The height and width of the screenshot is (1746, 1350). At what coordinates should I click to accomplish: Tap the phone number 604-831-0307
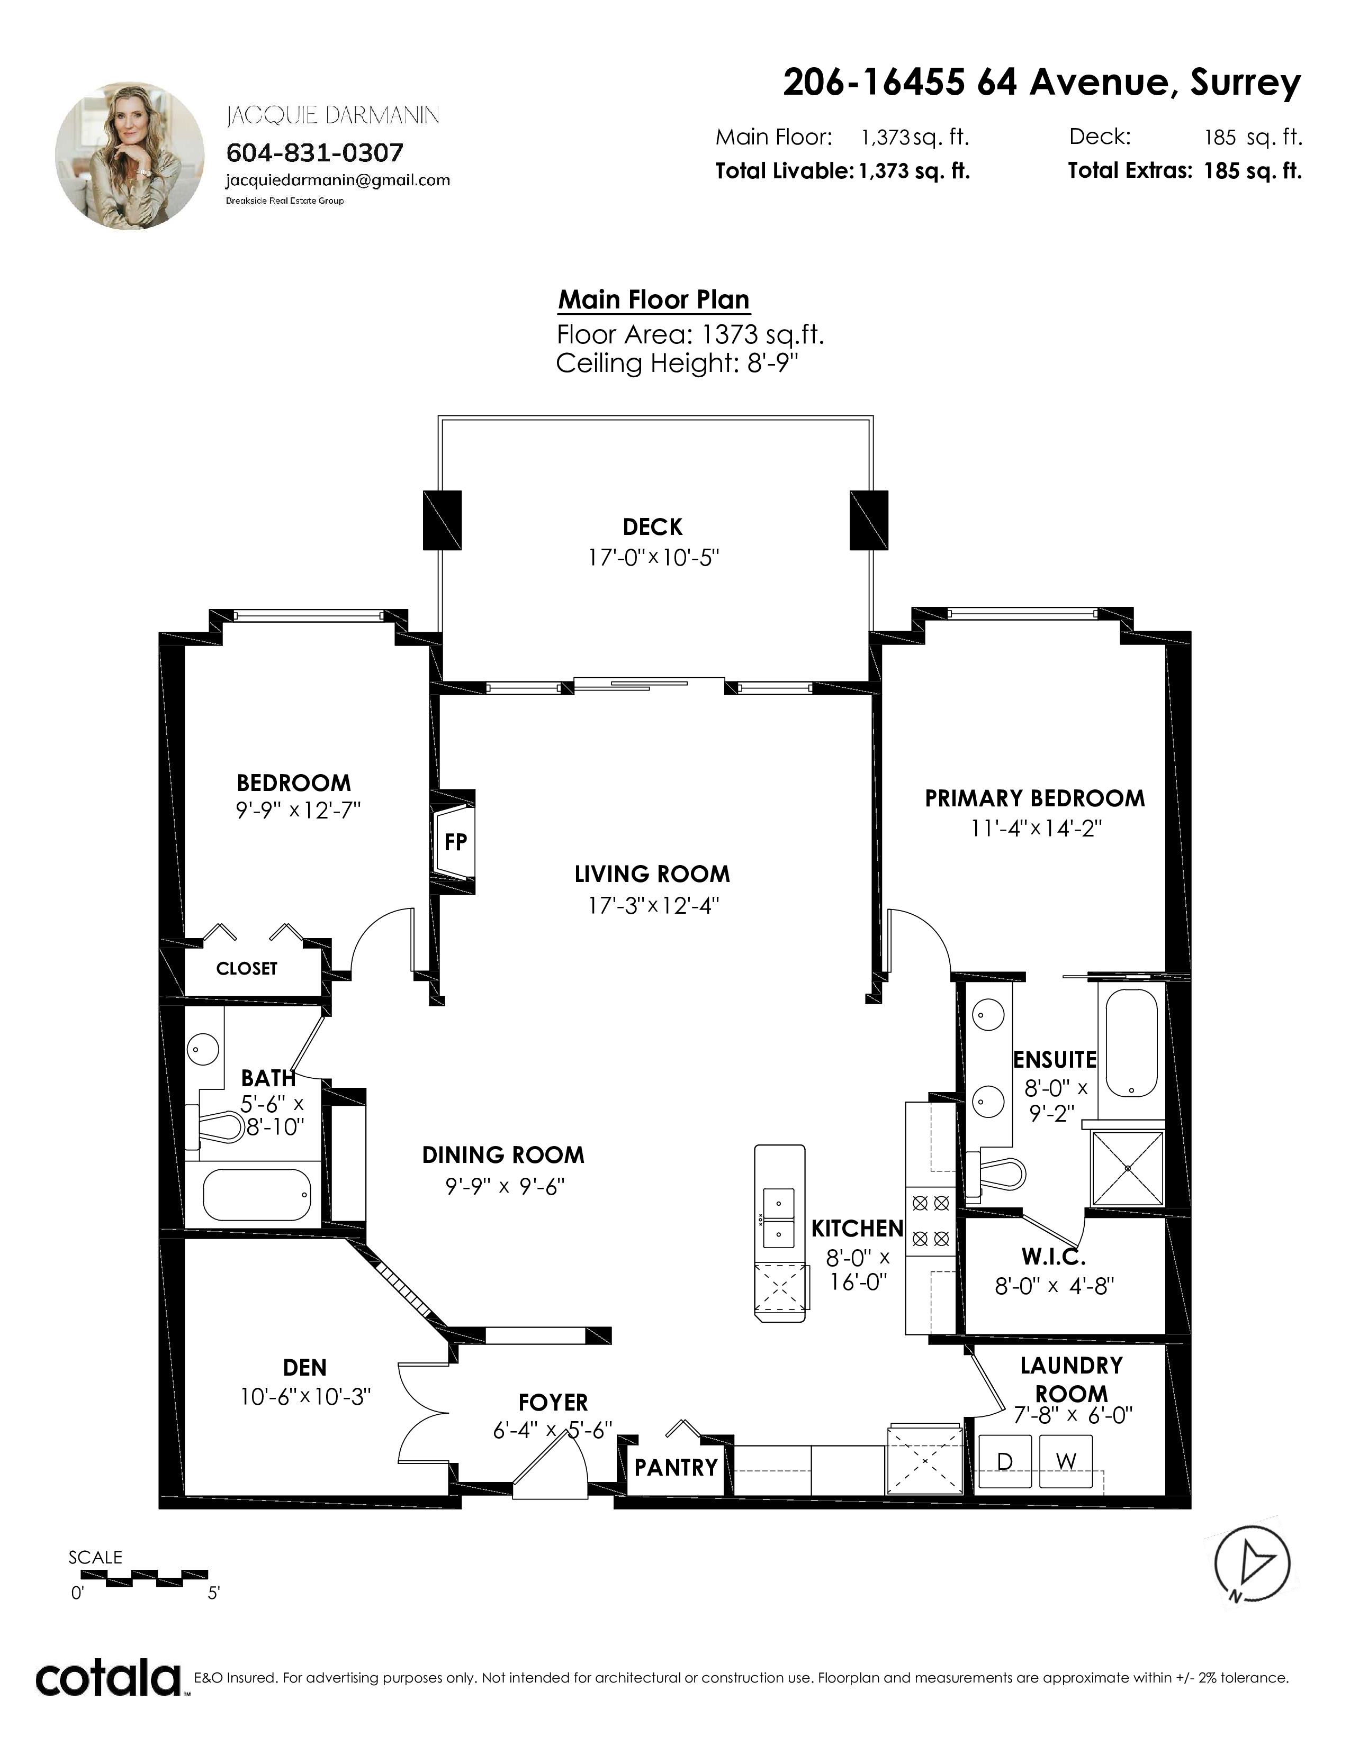315,152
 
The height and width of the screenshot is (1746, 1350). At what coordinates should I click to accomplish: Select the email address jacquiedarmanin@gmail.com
338,180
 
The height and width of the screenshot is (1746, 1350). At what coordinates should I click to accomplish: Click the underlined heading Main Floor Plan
653,300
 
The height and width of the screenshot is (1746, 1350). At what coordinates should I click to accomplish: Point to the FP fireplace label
456,842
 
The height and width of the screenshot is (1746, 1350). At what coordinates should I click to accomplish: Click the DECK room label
653,527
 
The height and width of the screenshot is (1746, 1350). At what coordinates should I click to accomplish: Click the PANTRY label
676,1468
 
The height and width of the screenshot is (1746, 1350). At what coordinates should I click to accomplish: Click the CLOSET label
246,969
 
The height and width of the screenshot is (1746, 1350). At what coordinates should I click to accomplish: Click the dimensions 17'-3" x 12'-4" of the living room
653,906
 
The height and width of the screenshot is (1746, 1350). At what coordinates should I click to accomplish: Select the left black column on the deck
442,520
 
